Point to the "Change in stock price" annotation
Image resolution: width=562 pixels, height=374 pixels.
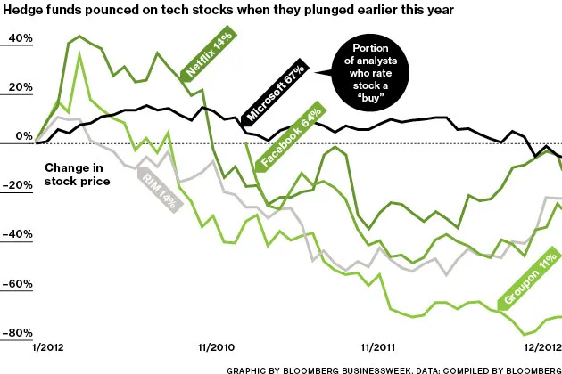77,174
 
